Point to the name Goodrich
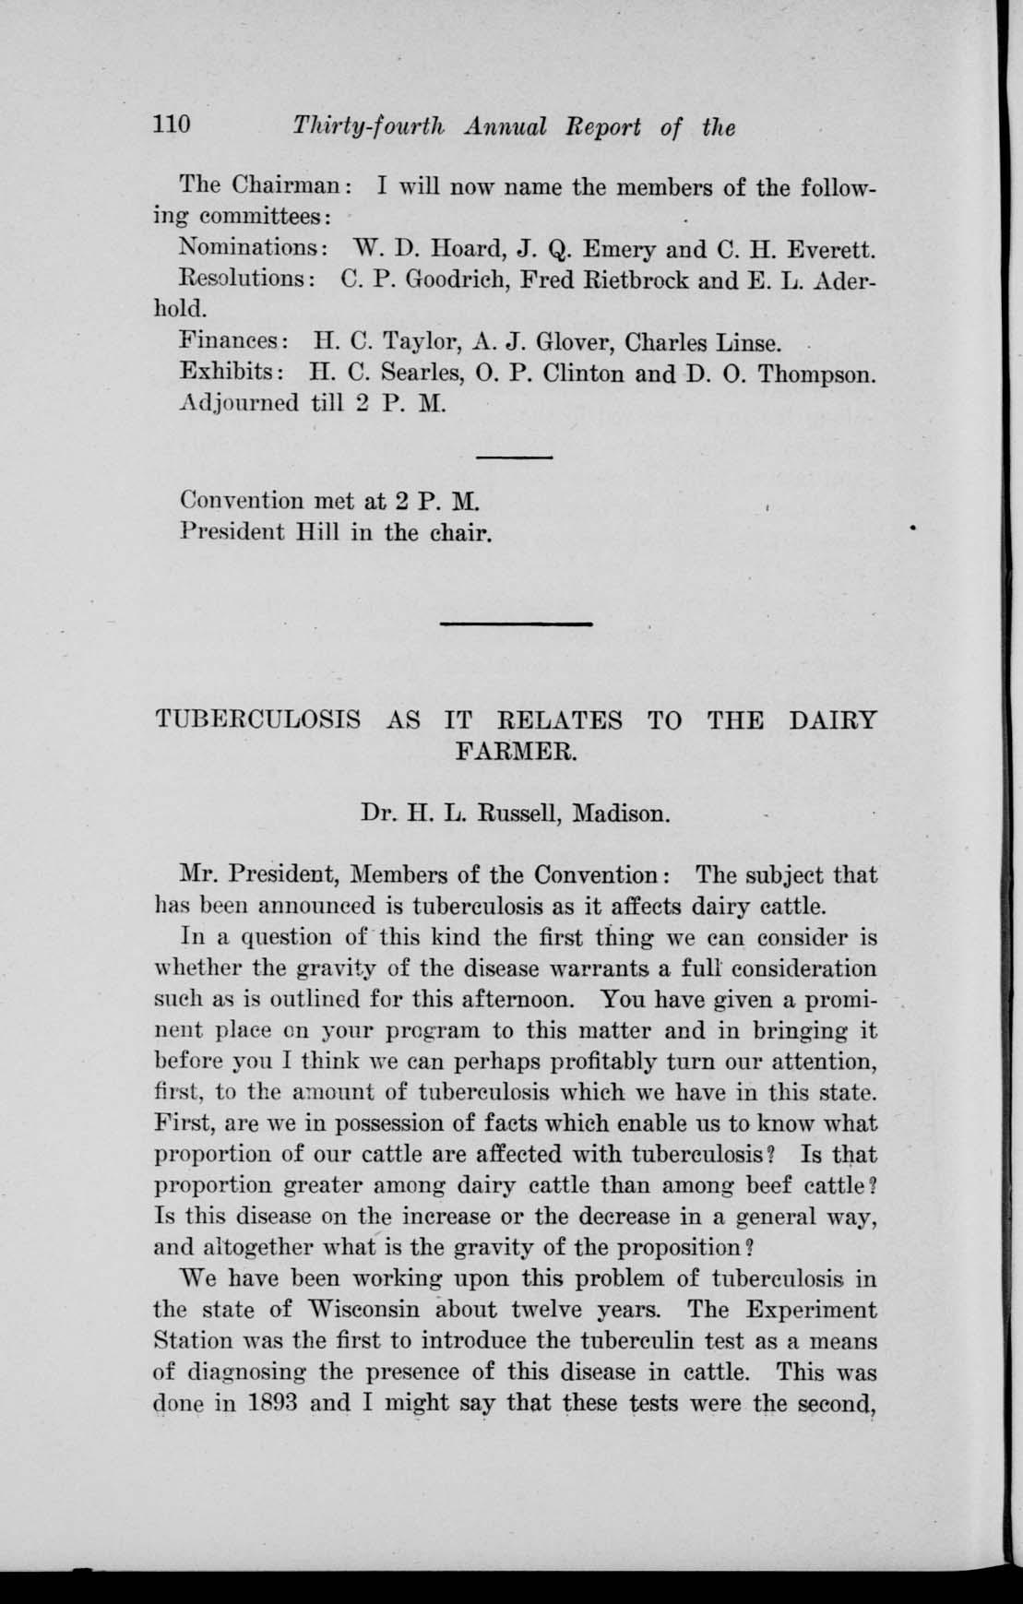455,279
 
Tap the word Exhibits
231,374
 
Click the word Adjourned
240,403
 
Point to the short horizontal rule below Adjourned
514,457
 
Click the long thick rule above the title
516,624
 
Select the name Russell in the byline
513,814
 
